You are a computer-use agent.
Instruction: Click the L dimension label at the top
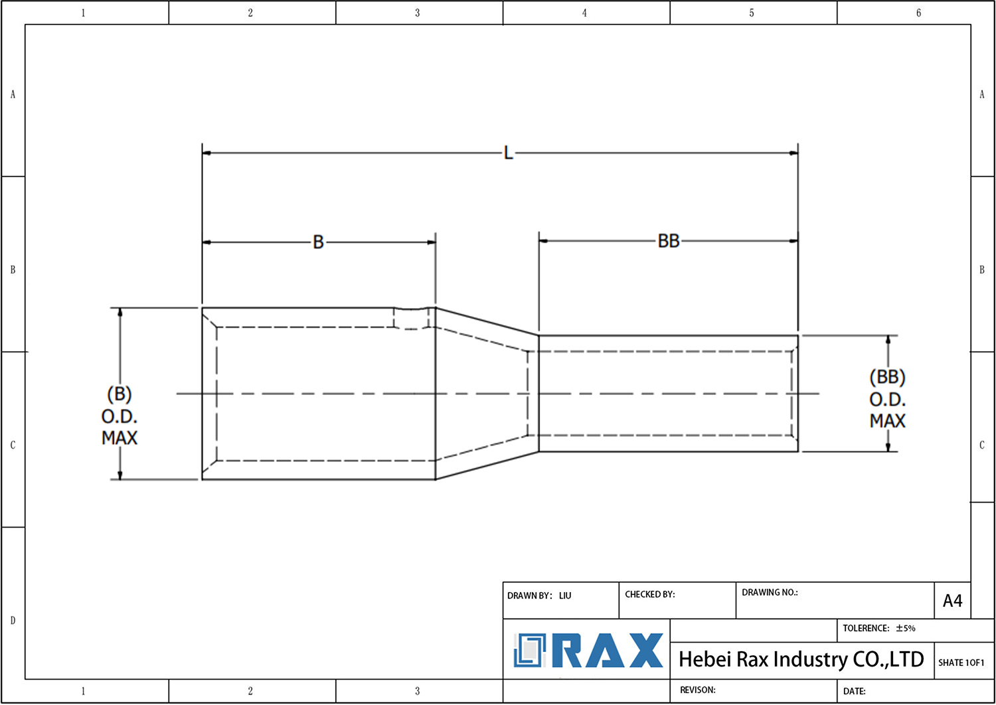point(508,153)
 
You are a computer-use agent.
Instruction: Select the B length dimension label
point(318,242)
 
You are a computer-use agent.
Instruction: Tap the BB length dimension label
point(669,241)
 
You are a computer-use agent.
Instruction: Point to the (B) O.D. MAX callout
point(120,416)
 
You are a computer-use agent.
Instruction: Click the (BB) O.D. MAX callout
point(887,399)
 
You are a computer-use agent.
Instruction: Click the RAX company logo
point(588,651)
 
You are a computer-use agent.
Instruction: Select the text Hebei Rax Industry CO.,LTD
point(801,659)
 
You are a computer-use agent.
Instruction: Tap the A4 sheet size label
point(952,601)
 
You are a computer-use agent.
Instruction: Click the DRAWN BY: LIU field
point(539,595)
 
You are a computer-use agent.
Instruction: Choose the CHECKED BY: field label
point(649,594)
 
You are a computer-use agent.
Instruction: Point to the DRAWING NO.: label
point(770,592)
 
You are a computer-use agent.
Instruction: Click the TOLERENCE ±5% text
point(878,628)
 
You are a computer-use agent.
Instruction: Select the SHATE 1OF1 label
point(961,663)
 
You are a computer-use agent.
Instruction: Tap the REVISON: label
point(697,690)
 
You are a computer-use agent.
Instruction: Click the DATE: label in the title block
point(854,691)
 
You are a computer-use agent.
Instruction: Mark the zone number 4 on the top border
point(584,13)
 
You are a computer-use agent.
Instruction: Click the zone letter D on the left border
point(13,621)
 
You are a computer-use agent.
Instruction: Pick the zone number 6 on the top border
point(918,13)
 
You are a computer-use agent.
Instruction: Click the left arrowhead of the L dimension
point(207,153)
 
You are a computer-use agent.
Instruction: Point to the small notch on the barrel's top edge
point(412,309)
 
